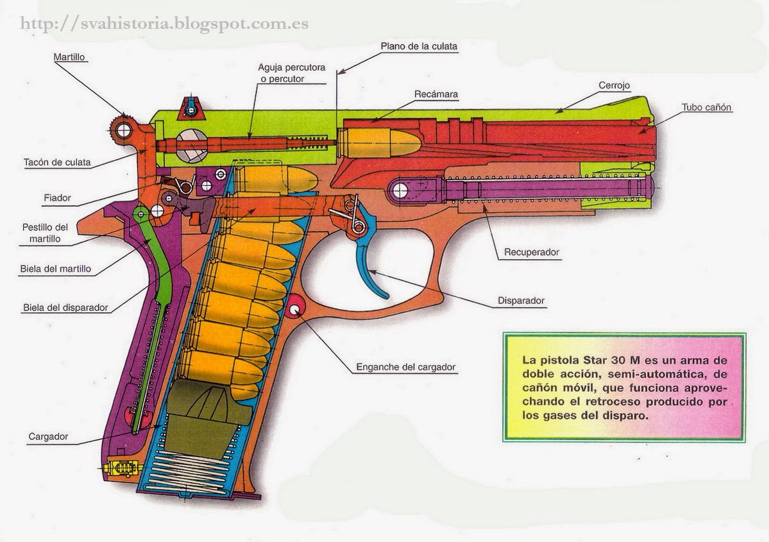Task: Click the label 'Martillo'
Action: [69, 57]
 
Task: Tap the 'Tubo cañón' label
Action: [706, 108]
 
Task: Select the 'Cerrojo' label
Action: [614, 85]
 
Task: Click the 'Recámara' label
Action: [435, 94]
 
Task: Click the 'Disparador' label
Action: [521, 300]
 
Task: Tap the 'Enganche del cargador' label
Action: [405, 368]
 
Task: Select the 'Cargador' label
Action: [47, 437]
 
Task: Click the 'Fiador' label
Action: [58, 198]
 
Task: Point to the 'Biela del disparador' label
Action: [65, 307]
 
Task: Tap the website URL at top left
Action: [164, 24]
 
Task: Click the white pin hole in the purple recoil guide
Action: [400, 189]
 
